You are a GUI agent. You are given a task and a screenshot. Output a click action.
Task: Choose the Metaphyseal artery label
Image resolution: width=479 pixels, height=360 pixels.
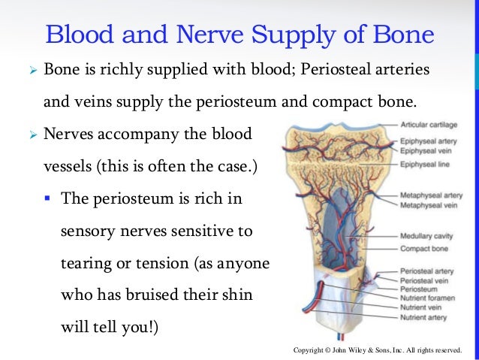pyautogui.click(x=431, y=195)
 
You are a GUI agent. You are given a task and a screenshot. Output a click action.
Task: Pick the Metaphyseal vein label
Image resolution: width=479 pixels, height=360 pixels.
pyautogui.click(x=429, y=205)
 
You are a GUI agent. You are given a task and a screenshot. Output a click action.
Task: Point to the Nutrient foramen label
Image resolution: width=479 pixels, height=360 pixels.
pyautogui.click(x=427, y=298)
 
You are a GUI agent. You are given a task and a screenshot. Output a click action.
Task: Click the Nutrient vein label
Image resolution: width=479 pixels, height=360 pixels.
pyautogui.click(x=421, y=307)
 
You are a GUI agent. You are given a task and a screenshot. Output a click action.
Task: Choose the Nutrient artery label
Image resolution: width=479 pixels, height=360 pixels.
pyautogui.click(x=423, y=317)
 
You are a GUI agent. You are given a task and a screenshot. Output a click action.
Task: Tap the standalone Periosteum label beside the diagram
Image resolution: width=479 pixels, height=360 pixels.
pyautogui.click(x=420, y=289)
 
